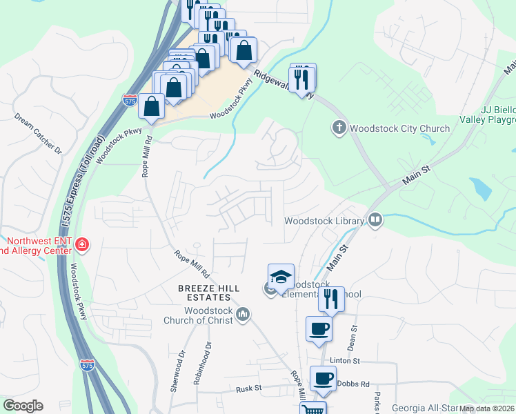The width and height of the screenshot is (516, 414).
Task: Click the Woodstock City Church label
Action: (x=399, y=128)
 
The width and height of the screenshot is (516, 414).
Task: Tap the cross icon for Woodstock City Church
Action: (x=339, y=128)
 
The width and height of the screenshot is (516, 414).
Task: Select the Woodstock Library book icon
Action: (x=375, y=221)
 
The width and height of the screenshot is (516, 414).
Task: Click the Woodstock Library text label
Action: (x=324, y=221)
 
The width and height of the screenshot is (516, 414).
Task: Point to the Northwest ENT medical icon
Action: (x=82, y=244)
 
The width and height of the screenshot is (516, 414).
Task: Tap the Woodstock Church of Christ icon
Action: (x=243, y=315)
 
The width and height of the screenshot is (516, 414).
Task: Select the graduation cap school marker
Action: (x=281, y=277)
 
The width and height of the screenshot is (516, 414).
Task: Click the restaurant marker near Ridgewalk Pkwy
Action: (x=301, y=79)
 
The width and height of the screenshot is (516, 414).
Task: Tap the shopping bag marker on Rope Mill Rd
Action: (x=151, y=107)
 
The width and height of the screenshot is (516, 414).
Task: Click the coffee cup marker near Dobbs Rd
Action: (x=323, y=379)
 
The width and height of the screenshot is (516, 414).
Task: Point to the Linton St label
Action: (x=345, y=361)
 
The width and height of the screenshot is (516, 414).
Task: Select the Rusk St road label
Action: (x=248, y=389)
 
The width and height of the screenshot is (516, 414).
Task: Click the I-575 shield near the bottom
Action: (x=87, y=364)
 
